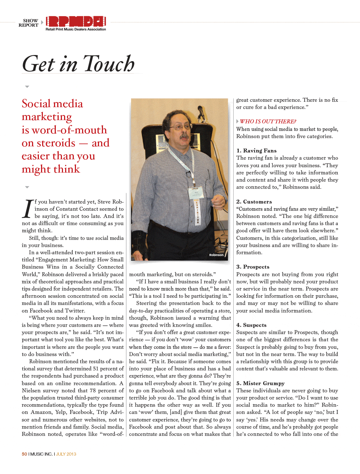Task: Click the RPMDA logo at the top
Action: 76,22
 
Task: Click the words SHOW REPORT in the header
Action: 28,23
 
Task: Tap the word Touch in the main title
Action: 109,64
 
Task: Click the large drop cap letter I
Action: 28,209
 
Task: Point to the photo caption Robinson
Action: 216,255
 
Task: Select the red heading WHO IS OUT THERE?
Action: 268,122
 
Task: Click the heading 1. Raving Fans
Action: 256,151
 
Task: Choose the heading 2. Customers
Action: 254,202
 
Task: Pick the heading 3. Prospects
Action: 253,267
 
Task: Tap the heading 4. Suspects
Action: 251,325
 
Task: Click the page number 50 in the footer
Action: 24,454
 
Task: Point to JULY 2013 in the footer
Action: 66,454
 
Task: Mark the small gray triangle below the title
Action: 27,87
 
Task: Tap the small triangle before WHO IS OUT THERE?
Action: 237,122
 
